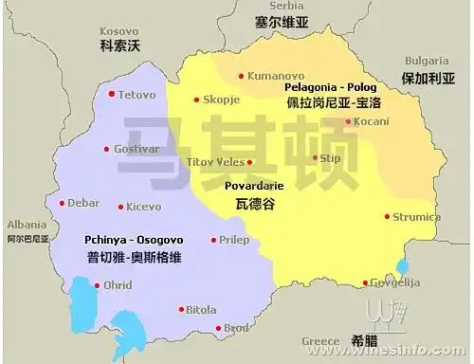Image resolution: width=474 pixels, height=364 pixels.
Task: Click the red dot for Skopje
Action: coord(197,100)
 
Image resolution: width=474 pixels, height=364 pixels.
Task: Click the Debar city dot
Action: coord(63,203)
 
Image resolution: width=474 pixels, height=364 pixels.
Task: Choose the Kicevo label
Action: coord(144,206)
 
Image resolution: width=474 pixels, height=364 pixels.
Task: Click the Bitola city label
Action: coord(201,309)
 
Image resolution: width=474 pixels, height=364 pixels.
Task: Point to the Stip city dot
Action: coord(317,158)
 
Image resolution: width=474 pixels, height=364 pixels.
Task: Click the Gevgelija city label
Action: coord(396,282)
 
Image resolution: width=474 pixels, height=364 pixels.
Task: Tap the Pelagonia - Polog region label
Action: coord(331,87)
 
